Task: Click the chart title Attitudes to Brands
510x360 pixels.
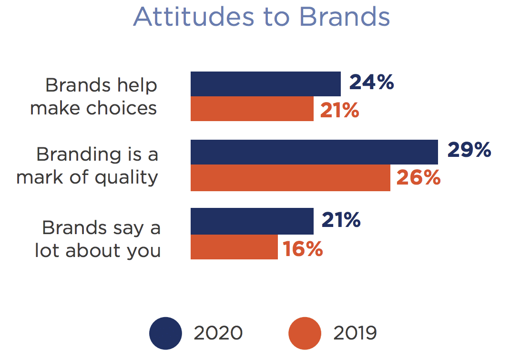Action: click(x=262, y=17)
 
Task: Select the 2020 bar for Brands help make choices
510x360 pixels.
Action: click(x=265, y=84)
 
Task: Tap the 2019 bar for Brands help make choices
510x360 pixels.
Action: click(x=252, y=109)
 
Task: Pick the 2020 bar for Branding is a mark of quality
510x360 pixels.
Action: click(x=314, y=152)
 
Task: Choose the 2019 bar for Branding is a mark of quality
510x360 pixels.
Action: click(x=290, y=178)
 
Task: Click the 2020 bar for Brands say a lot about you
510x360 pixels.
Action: click(x=252, y=221)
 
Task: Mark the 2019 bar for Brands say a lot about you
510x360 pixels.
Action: click(x=234, y=247)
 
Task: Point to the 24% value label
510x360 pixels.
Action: click(x=371, y=82)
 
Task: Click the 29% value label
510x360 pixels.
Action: click(x=469, y=150)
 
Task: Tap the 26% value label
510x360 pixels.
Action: click(x=418, y=177)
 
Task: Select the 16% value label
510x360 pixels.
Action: click(x=303, y=249)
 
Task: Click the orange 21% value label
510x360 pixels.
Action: click(x=339, y=110)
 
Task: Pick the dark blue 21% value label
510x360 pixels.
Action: click(x=341, y=220)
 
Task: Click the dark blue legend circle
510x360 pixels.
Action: click(x=165, y=333)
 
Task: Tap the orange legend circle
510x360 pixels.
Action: click(x=305, y=333)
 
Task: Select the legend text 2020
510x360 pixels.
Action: click(x=218, y=333)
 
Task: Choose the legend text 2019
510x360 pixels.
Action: click(x=355, y=333)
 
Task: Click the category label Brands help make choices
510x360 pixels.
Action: click(x=94, y=97)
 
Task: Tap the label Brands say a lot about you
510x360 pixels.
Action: click(x=98, y=239)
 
